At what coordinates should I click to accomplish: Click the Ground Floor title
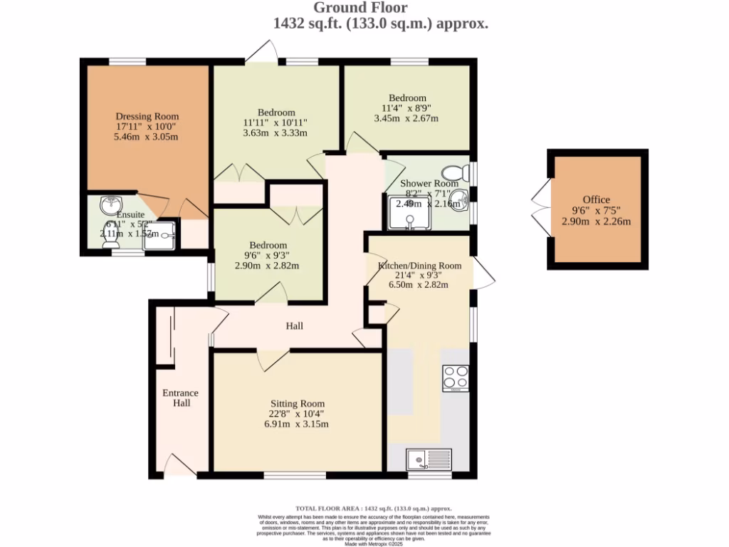(361, 8)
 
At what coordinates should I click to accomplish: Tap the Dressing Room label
(147, 116)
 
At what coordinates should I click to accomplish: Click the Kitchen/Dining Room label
(419, 266)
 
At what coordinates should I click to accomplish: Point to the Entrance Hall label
(181, 398)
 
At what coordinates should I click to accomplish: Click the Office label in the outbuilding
(596, 199)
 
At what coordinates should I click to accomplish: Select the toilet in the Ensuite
(111, 243)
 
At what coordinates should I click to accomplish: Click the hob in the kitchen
(456, 377)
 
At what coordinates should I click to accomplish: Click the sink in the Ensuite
(110, 204)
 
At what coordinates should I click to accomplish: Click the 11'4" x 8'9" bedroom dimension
(407, 108)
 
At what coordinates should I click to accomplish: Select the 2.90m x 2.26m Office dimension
(596, 221)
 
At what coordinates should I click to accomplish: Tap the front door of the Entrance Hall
(178, 467)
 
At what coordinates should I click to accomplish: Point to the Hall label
(295, 326)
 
